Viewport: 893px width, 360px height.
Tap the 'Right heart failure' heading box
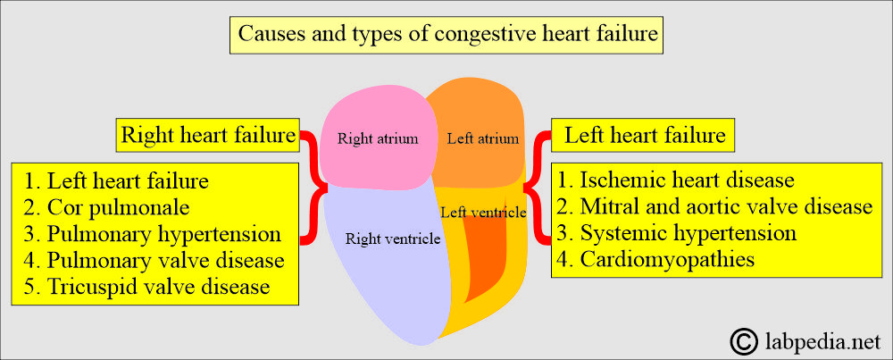click(208, 136)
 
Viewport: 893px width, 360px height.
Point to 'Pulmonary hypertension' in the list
click(152, 234)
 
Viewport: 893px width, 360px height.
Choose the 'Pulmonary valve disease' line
click(154, 261)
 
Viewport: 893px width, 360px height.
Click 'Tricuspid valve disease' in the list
click(147, 287)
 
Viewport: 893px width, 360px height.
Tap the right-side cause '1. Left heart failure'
click(116, 181)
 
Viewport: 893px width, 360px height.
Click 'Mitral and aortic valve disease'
click(714, 207)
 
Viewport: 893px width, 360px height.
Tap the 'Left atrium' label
click(483, 138)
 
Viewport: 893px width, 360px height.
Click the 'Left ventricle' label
click(483, 212)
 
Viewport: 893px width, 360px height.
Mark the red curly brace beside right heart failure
click(315, 188)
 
